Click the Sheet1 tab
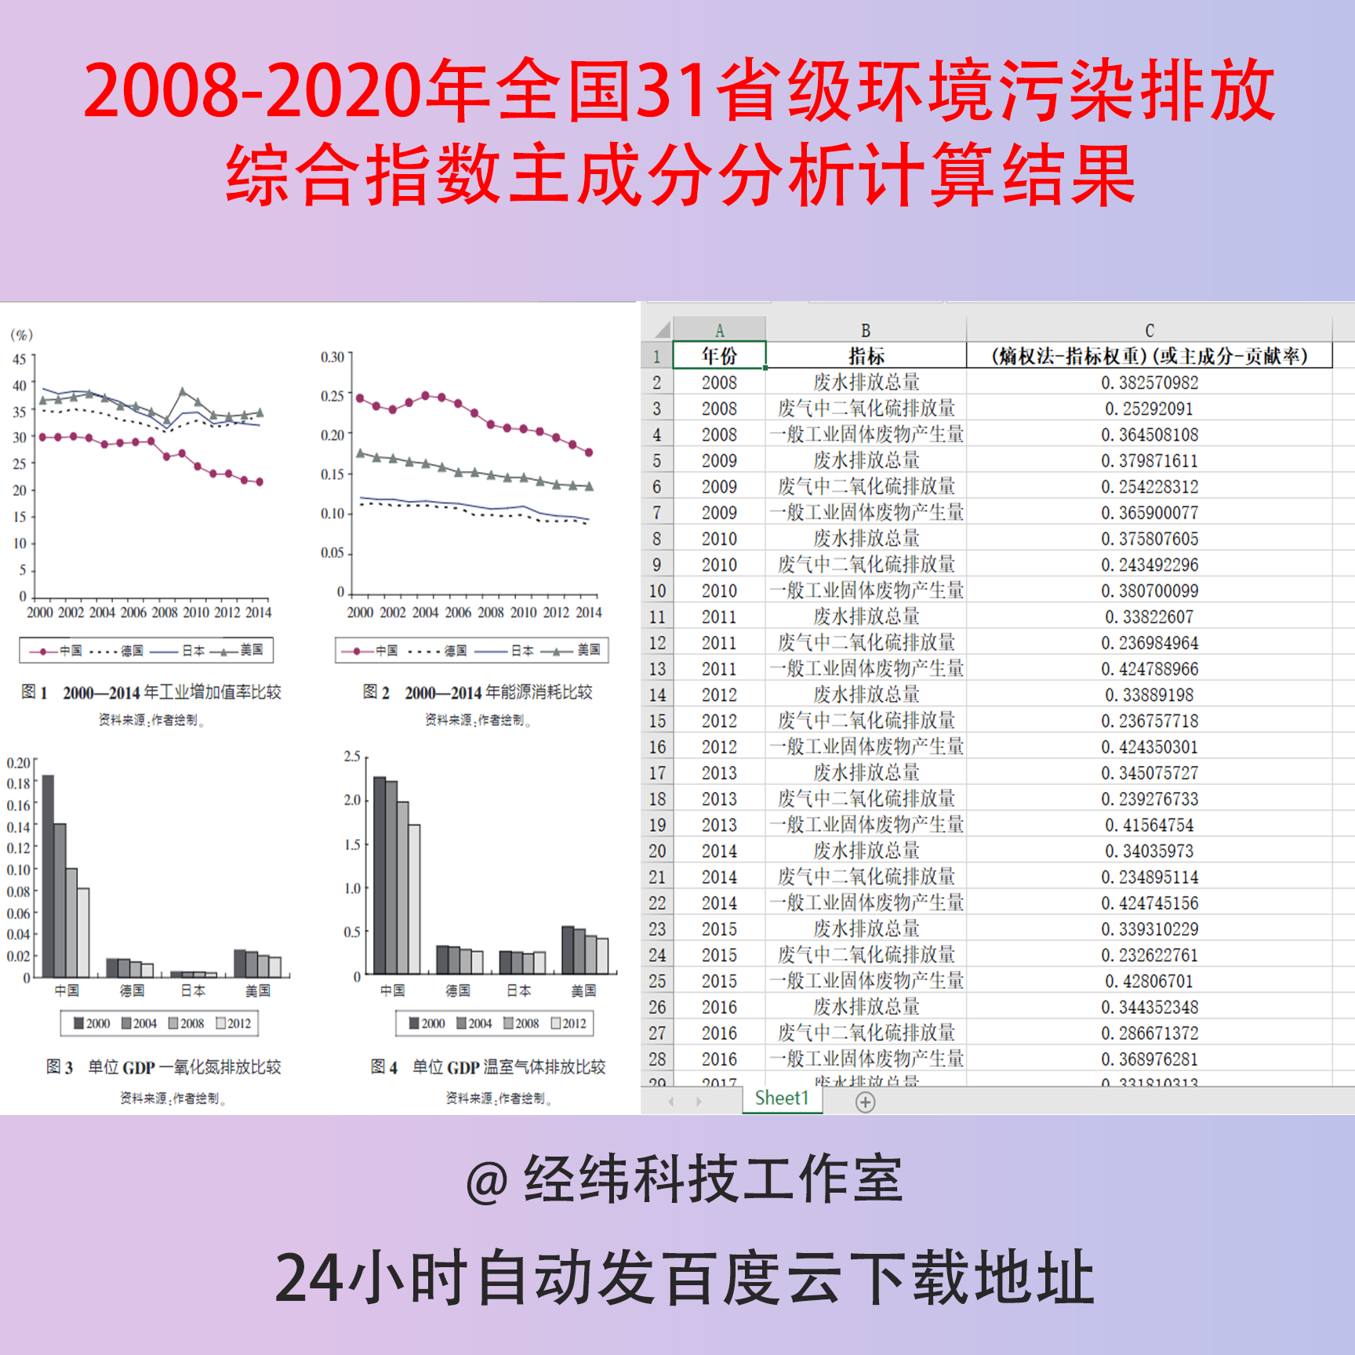point(781,1099)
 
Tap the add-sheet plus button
point(865,1103)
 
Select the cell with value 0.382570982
point(1150,383)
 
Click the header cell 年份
point(719,356)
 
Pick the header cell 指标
point(866,356)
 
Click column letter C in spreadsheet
point(1150,331)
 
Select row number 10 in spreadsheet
point(657,590)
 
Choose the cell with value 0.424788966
point(1150,669)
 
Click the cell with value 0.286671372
point(1150,1033)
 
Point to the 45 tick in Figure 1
point(20,359)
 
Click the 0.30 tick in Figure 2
point(332,357)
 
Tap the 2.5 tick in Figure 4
point(352,757)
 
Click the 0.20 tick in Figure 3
point(19,762)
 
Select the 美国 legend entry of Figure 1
point(251,650)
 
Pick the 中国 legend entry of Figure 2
point(386,651)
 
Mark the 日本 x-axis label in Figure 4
point(518,990)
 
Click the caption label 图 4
point(384,1067)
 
